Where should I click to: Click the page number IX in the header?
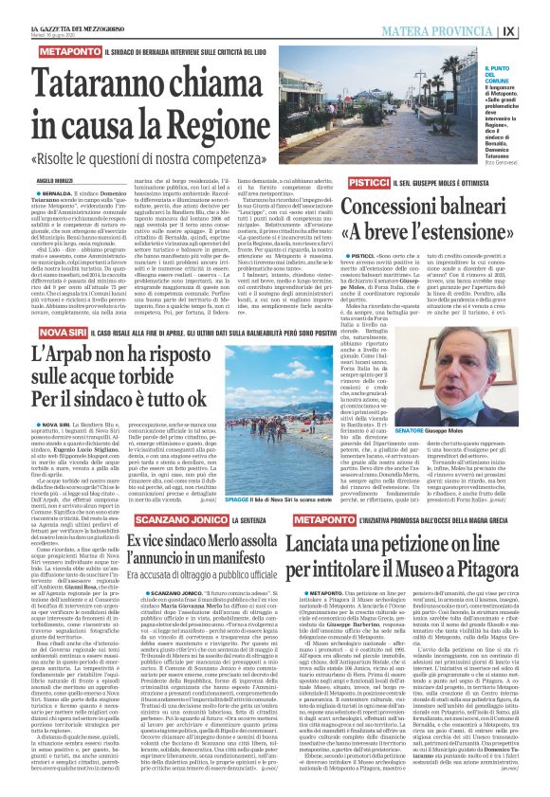pos(534,29)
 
